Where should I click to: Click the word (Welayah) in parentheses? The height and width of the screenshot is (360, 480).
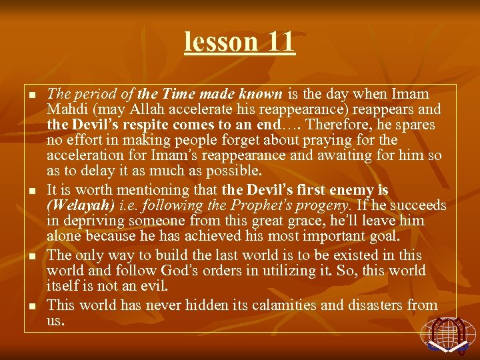click(75, 205)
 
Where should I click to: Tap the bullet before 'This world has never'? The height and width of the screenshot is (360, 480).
click(31, 307)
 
